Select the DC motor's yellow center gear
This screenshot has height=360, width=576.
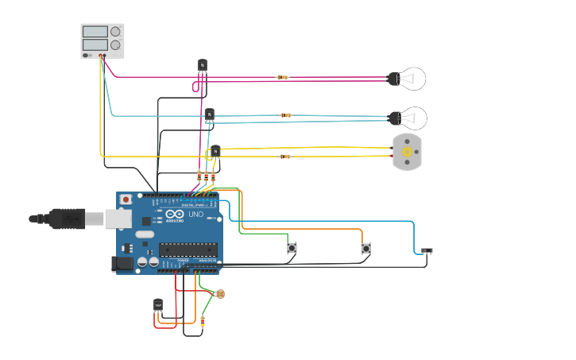tap(408, 151)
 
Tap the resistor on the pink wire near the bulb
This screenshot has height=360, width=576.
tap(282, 77)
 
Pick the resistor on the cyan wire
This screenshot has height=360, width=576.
tap(286, 115)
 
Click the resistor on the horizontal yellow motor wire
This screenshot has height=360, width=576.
tap(284, 157)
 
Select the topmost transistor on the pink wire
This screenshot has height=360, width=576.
tap(202, 65)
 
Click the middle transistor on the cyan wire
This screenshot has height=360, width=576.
tap(210, 114)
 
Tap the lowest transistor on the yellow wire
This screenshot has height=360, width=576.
tap(215, 150)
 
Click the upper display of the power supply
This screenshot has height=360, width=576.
tap(95, 32)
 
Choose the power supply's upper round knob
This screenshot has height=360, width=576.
tap(115, 32)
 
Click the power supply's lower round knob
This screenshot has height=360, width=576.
tap(115, 45)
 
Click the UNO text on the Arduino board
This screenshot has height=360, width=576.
tap(195, 215)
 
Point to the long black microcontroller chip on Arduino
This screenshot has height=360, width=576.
tap(187, 249)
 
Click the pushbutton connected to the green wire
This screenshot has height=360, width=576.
tap(292, 248)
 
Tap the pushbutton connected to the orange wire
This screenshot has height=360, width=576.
tap(365, 248)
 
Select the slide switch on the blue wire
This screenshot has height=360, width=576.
tap(427, 251)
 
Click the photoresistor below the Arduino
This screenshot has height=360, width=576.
tap(220, 294)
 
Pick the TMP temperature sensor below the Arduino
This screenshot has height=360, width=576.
tap(158, 304)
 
